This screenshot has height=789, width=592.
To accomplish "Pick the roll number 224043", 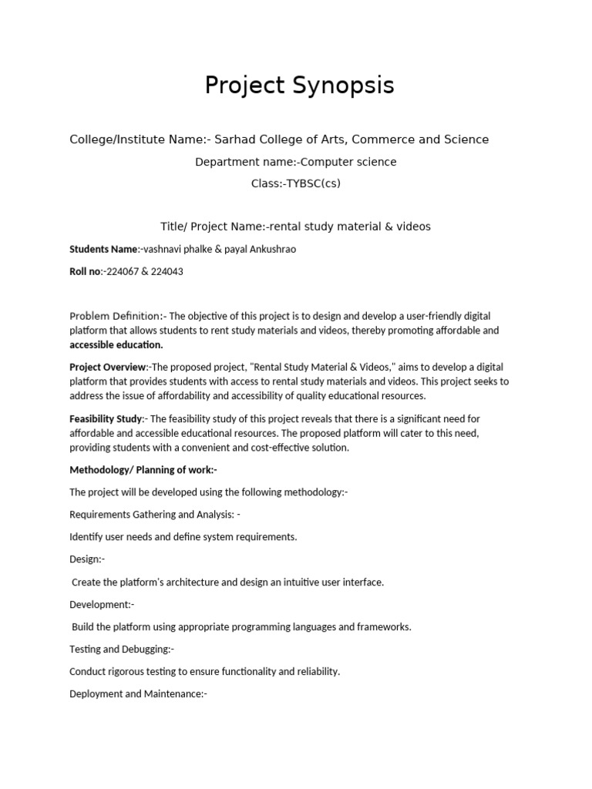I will pyautogui.click(x=169, y=272).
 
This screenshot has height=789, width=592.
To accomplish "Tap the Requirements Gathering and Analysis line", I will pyautogui.click(x=154, y=514).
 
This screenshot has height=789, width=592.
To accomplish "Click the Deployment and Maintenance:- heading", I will pyautogui.click(x=139, y=694).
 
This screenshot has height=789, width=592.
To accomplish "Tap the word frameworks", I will pyautogui.click(x=385, y=627).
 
